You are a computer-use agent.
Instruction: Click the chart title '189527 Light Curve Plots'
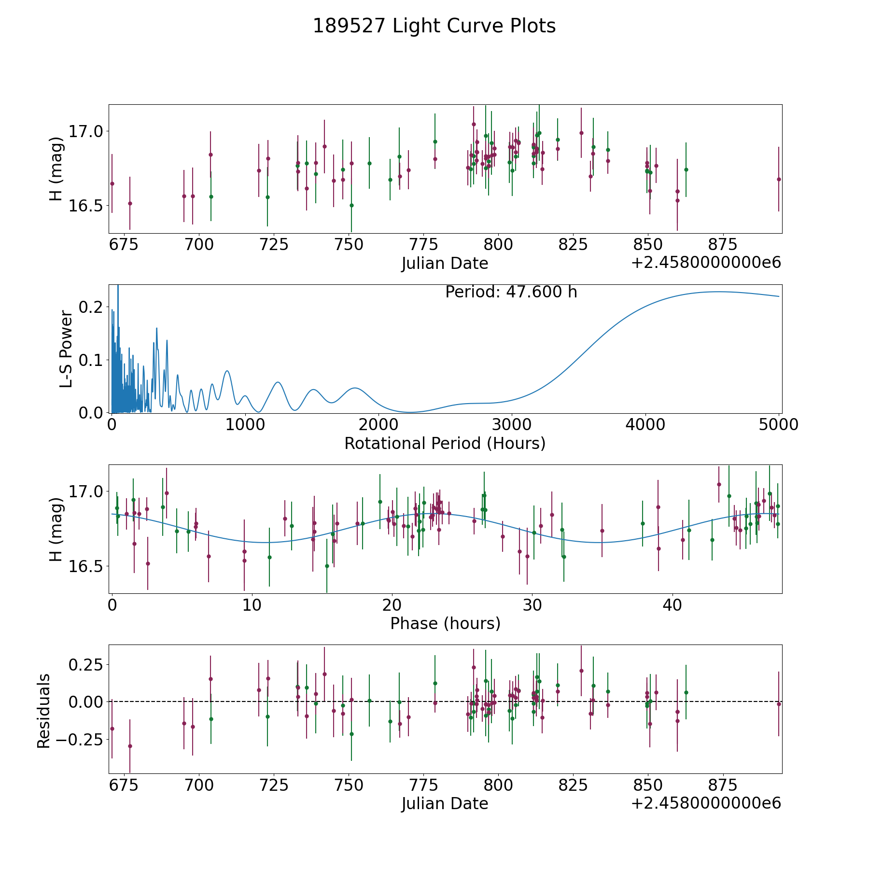pyautogui.click(x=434, y=26)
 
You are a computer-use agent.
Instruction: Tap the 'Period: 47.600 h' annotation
pyautogui.click(x=511, y=292)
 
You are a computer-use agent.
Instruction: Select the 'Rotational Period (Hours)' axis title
pyautogui.click(x=445, y=443)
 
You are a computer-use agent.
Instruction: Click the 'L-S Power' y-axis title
pyautogui.click(x=67, y=349)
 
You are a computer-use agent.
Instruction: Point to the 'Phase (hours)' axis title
pyautogui.click(x=445, y=623)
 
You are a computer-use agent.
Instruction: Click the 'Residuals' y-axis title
pyautogui.click(x=44, y=711)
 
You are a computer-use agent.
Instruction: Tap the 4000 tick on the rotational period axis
pyautogui.click(x=645, y=425)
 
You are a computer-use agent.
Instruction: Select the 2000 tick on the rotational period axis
pyautogui.click(x=378, y=425)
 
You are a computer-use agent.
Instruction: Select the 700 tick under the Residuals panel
pyautogui.click(x=199, y=785)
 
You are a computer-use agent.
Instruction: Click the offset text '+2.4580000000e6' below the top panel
pyautogui.click(x=706, y=263)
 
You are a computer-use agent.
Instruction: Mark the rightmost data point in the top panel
pyautogui.click(x=779, y=179)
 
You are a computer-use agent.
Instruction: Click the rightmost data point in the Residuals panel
pyautogui.click(x=779, y=704)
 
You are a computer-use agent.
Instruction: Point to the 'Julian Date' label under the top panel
pyautogui.click(x=445, y=264)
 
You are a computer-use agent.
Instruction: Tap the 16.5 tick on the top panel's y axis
pyautogui.click(x=87, y=206)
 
